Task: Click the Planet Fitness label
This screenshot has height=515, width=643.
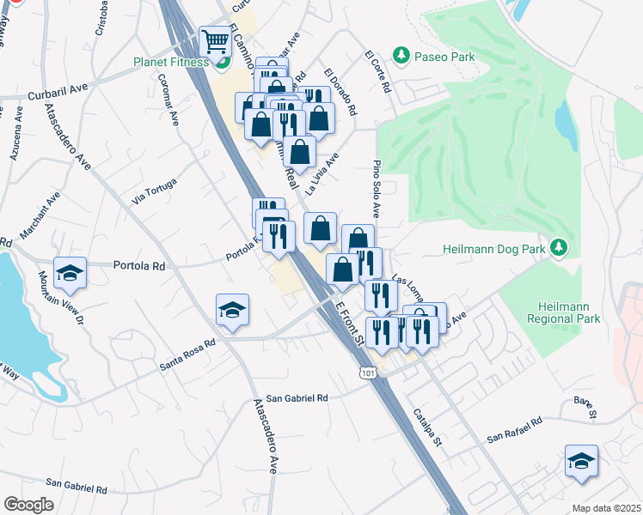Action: coord(170,62)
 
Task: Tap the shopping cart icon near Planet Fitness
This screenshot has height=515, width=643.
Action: coord(214,41)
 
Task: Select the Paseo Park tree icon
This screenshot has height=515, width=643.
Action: coord(401,56)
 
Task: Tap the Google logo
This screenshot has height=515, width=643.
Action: coord(28,504)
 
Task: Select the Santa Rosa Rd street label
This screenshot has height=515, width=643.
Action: coord(187,354)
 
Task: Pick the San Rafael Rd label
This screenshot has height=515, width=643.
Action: coord(514,428)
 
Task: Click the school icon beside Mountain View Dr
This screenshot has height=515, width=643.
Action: coord(70,274)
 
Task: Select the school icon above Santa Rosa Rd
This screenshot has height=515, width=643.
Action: coord(232,310)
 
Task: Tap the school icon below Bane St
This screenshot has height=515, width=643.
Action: coord(581,461)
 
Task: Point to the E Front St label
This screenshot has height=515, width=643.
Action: coord(351,324)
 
